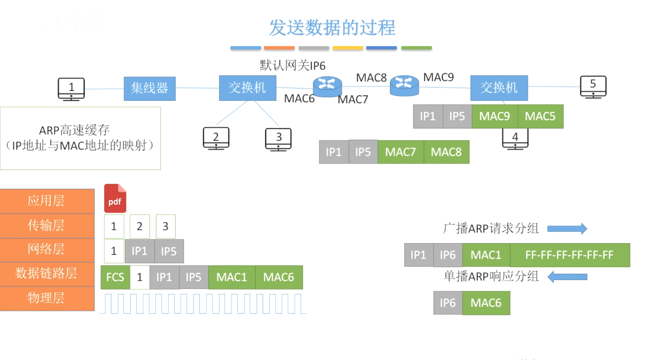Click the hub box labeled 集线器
(x=149, y=88)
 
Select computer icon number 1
(x=71, y=89)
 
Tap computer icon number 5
(x=593, y=87)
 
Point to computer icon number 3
(x=278, y=139)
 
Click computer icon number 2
(x=216, y=138)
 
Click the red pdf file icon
(x=115, y=198)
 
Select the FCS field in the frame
(x=115, y=277)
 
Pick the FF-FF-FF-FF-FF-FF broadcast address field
(x=569, y=255)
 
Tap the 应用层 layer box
(x=47, y=201)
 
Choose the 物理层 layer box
(x=47, y=298)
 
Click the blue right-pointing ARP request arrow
(x=567, y=229)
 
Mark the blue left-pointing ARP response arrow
(x=567, y=277)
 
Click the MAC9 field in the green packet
(x=494, y=116)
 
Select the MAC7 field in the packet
(x=400, y=152)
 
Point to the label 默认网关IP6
(x=292, y=65)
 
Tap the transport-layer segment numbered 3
(x=165, y=227)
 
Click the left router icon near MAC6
(x=327, y=87)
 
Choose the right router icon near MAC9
(x=404, y=85)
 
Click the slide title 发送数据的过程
(x=332, y=28)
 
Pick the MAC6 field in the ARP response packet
(x=486, y=303)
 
